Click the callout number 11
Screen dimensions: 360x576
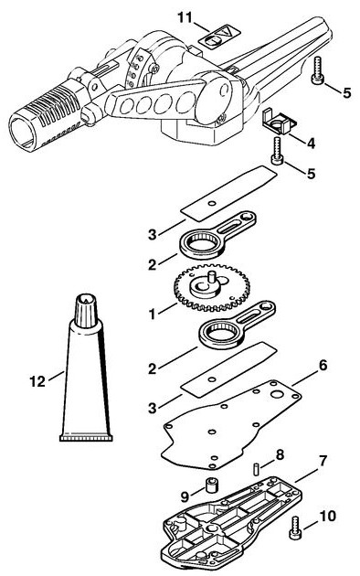(x=185, y=17)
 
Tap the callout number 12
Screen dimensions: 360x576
(x=37, y=381)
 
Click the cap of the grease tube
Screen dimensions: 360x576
(x=87, y=312)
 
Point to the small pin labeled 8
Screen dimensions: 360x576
(x=257, y=469)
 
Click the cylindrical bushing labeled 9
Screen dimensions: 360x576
(x=211, y=485)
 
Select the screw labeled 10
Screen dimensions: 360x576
(x=295, y=528)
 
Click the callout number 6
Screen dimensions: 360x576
(x=323, y=365)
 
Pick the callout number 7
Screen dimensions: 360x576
(x=323, y=461)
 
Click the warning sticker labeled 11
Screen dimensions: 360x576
(x=220, y=37)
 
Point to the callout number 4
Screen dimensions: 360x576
(x=311, y=144)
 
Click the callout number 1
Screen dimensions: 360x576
(x=152, y=315)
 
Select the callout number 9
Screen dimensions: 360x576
(x=185, y=497)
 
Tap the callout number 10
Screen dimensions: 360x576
(x=328, y=517)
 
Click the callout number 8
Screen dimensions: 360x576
(x=280, y=454)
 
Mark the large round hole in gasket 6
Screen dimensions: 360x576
(x=278, y=395)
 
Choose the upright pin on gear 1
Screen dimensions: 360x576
(x=211, y=276)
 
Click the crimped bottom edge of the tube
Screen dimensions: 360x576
(x=86, y=438)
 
